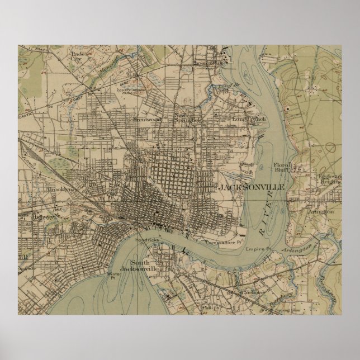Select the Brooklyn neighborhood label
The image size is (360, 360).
pyautogui.click(x=60, y=190)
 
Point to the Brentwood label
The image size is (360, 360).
pyautogui.click(x=147, y=119)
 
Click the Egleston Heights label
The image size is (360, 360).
pyautogui.click(x=328, y=177)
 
